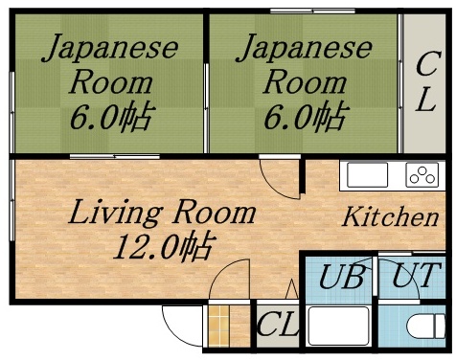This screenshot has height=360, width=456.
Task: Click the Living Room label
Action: pyautogui.click(x=161, y=213)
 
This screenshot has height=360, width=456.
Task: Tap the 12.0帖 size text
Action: pyautogui.click(x=163, y=248)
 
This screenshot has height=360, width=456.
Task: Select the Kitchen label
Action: pyautogui.click(x=390, y=216)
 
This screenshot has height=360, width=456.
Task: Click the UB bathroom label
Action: pyautogui.click(x=341, y=279)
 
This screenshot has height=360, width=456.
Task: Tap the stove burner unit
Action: pyautogui.click(x=422, y=175)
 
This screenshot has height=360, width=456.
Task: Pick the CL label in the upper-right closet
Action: pyautogui.click(x=425, y=84)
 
